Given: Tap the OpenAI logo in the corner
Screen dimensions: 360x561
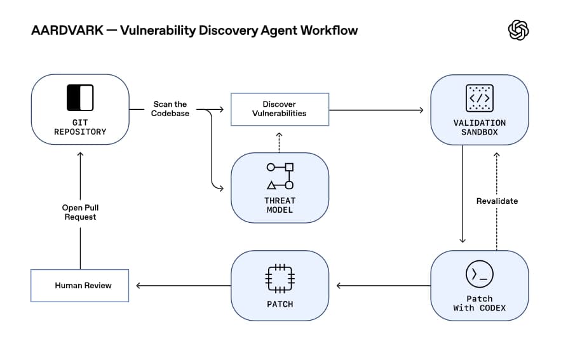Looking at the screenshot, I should (x=518, y=30).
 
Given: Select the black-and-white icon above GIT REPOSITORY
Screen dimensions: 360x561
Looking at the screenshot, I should (x=80, y=98).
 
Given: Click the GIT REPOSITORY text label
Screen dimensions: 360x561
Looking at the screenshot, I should (x=80, y=127).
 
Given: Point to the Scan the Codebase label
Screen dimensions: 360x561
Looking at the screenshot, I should (x=170, y=109).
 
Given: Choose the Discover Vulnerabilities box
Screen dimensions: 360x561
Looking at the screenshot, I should (x=280, y=109).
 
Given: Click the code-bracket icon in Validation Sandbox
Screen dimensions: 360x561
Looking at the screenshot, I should (x=479, y=98).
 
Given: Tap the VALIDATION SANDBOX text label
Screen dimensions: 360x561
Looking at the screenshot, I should (x=479, y=127).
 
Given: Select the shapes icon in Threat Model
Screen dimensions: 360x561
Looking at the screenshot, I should (x=280, y=177).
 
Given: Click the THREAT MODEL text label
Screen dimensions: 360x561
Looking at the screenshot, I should (x=280, y=205).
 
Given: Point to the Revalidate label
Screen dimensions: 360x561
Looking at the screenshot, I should (x=497, y=201).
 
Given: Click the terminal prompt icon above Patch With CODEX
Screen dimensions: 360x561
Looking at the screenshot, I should (x=479, y=274).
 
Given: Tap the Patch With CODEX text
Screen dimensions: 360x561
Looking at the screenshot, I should (x=479, y=303).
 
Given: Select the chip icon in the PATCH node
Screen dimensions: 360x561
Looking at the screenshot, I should (x=280, y=278).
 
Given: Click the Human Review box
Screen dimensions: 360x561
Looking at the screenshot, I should (x=80, y=286).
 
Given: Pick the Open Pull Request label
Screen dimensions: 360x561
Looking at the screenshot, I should (x=80, y=212).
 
